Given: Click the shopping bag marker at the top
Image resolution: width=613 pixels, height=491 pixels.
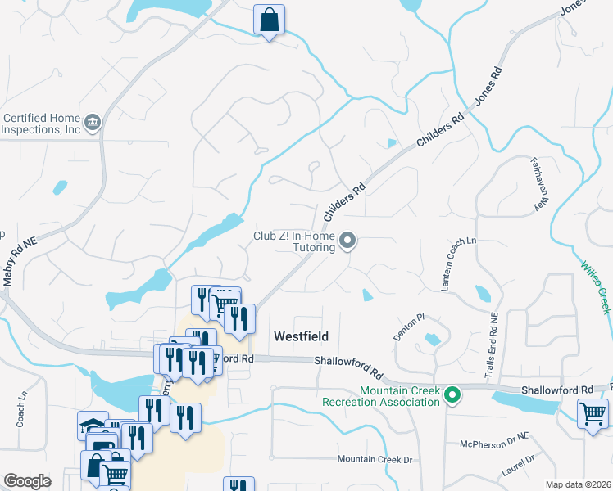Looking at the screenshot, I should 270,19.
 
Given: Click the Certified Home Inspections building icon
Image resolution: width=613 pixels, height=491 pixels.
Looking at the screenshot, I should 92,124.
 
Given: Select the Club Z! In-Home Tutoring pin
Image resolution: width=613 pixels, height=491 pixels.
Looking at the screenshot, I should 348,241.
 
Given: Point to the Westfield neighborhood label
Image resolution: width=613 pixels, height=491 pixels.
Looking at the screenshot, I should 301,336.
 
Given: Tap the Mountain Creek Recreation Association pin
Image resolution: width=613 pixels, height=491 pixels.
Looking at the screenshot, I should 452,397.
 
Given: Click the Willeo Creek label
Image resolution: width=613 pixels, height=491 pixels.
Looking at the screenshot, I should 595,286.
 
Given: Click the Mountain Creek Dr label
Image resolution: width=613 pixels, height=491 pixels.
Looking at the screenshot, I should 375,460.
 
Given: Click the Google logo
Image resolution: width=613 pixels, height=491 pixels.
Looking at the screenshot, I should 27,480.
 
